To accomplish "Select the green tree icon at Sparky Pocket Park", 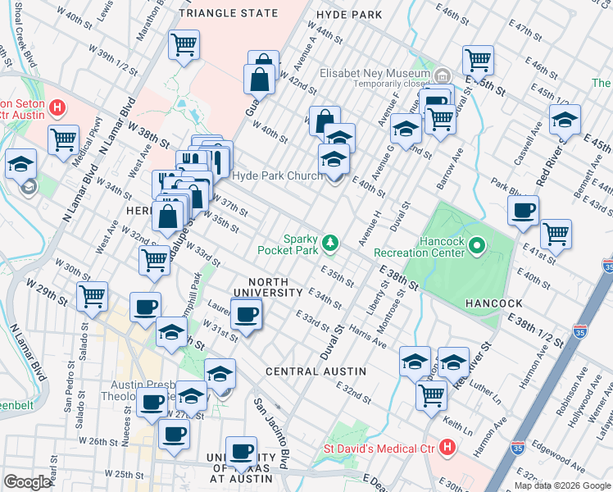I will pyautogui.click(x=330, y=241).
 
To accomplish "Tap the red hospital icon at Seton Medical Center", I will pyautogui.click(x=57, y=107).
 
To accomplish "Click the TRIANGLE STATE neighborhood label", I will pyautogui.click(x=228, y=14).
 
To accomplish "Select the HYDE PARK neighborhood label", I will pyautogui.click(x=354, y=15).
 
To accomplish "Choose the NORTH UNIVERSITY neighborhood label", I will pyautogui.click(x=268, y=287).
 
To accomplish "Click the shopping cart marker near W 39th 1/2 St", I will pyautogui.click(x=184, y=44).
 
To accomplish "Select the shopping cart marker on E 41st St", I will pyautogui.click(x=556, y=233).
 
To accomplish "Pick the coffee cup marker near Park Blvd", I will pyautogui.click(x=523, y=210).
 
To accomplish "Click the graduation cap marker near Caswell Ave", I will pyautogui.click(x=565, y=119).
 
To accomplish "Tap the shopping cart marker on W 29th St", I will pyautogui.click(x=93, y=295).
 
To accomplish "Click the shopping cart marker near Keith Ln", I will pyautogui.click(x=431, y=394).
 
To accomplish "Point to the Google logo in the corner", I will pyautogui.click(x=27, y=482).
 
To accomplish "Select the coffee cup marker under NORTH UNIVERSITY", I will pyautogui.click(x=246, y=314).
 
